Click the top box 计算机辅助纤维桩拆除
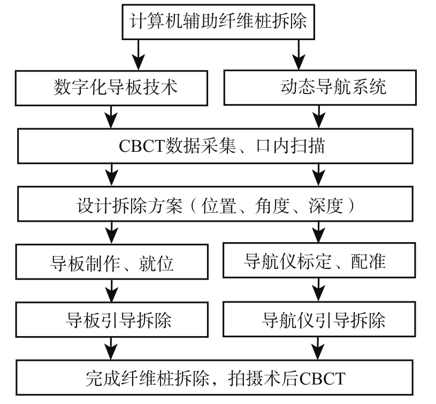pos(218,22)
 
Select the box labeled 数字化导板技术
pos(111,88)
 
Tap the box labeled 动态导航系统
pos(320,88)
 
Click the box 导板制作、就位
pos(112,262)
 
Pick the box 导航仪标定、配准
pos(319,260)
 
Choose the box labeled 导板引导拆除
pos(112,320)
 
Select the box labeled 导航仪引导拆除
pos(319,319)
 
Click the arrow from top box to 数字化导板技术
pos(138,55)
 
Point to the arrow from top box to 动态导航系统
pos(299,55)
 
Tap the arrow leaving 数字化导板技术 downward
pos(111,117)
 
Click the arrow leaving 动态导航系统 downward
pos(319,116)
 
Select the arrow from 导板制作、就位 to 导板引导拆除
pos(111,291)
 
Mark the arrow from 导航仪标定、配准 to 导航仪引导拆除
pos(319,290)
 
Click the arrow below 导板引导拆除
pos(111,349)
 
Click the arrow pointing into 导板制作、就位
pos(111,232)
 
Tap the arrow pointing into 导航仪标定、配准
pos(319,232)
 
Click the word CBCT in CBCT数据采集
pos(141,146)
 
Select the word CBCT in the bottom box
pos(323,378)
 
